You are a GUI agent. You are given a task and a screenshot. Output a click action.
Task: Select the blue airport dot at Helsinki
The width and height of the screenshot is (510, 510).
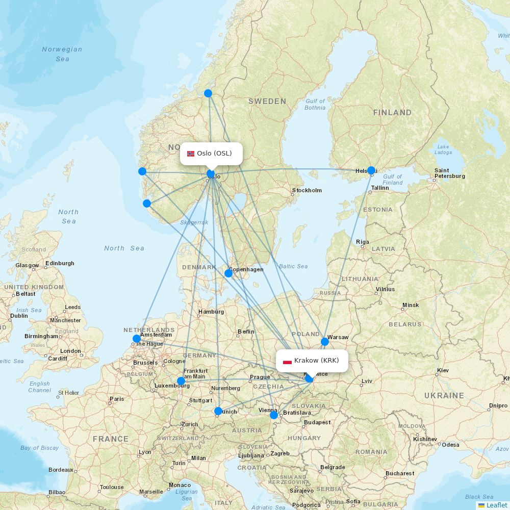[x=371, y=170]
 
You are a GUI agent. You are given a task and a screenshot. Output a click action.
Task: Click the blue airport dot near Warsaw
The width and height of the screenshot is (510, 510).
[x=325, y=342]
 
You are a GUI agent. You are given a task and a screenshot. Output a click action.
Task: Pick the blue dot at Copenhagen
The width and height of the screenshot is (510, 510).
[x=228, y=273]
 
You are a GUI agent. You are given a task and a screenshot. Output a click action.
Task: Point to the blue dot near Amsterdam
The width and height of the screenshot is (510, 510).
[x=137, y=339]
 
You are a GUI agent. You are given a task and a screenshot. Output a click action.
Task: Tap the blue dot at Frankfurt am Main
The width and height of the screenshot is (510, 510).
[x=181, y=381]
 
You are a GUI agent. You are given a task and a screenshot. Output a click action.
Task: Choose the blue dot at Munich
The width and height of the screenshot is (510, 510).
[x=218, y=411]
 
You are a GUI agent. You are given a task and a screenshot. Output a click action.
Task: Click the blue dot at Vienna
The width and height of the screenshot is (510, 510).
[x=274, y=415]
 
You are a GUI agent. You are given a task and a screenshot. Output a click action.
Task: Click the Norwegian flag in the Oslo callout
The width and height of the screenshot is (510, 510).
[x=191, y=154]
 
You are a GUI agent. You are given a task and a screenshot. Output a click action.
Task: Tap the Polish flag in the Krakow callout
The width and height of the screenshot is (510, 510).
[x=287, y=361]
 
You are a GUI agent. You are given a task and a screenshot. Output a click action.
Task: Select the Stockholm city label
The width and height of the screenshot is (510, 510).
[x=307, y=191]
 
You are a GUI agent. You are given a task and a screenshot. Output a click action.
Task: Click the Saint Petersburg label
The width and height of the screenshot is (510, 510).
[x=449, y=173]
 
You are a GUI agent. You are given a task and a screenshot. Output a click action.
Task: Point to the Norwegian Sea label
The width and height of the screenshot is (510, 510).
[x=62, y=54]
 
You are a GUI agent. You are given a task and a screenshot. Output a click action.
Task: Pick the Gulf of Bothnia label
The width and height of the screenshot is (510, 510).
[x=315, y=105]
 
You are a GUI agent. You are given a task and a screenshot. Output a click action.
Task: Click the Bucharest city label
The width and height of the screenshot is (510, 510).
[x=400, y=473]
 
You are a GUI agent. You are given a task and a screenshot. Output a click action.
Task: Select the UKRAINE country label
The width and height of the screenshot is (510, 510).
[x=444, y=395]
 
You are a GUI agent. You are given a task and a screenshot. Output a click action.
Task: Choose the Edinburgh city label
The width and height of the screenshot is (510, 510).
[x=60, y=264]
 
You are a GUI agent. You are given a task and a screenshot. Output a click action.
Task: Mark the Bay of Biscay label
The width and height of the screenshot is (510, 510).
[x=39, y=448]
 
